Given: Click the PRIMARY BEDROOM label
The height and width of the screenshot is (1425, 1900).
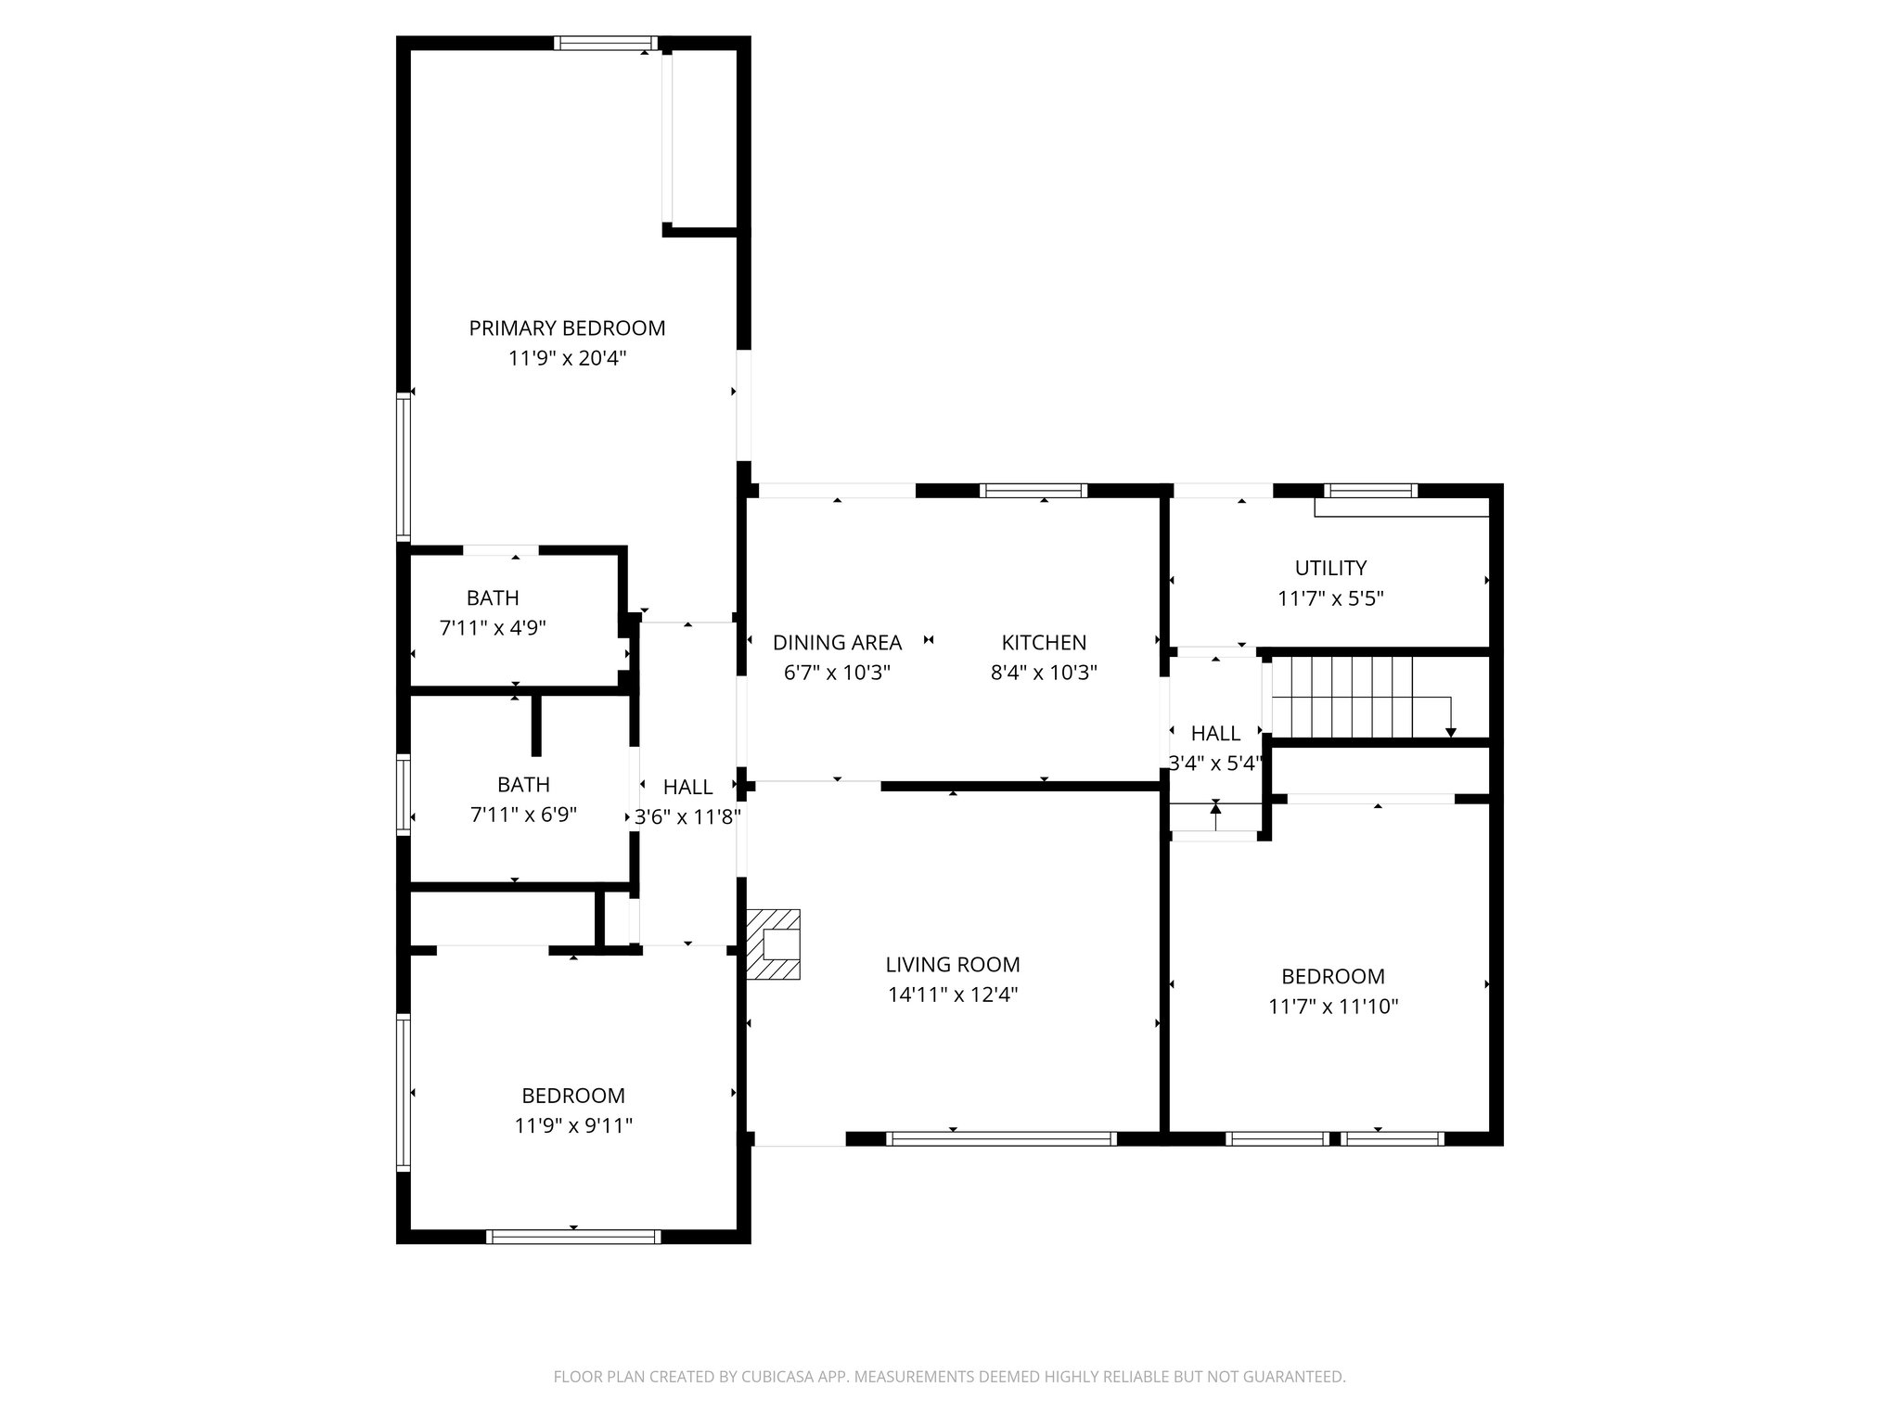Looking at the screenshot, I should [x=567, y=327].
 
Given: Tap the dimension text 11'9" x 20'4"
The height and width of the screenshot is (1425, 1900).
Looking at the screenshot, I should [x=567, y=358].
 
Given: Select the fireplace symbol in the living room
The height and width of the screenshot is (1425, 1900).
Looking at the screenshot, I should [x=773, y=944].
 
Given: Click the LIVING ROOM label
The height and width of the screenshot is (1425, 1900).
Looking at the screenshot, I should [x=953, y=965].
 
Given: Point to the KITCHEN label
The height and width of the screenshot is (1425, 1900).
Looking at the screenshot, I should [x=1044, y=642].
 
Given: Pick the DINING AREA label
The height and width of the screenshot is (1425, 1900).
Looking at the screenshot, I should [x=837, y=642].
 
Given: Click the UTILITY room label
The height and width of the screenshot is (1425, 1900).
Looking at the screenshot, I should [x=1330, y=568].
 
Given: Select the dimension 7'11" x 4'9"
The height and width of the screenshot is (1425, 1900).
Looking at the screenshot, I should [x=493, y=628].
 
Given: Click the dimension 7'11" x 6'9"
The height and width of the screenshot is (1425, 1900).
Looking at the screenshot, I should [x=523, y=815].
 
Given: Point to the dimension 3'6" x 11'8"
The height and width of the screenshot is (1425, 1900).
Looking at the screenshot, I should [x=687, y=817].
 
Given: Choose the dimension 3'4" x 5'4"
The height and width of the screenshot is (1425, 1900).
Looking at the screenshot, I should [x=1215, y=764].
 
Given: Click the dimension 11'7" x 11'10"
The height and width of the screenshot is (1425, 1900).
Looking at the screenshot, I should [x=1333, y=1007].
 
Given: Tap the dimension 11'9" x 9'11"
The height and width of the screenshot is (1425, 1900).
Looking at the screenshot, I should [x=573, y=1125].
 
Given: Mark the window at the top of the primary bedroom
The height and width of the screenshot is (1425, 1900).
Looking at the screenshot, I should [x=606, y=43].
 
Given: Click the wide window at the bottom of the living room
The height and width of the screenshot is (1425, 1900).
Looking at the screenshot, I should [x=1001, y=1138].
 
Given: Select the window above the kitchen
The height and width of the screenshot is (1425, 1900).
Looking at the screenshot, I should [x=1034, y=491].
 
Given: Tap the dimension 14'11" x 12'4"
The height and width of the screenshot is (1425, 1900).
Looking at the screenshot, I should [x=953, y=995].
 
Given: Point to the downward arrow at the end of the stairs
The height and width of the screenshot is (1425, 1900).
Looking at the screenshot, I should [x=1451, y=732].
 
